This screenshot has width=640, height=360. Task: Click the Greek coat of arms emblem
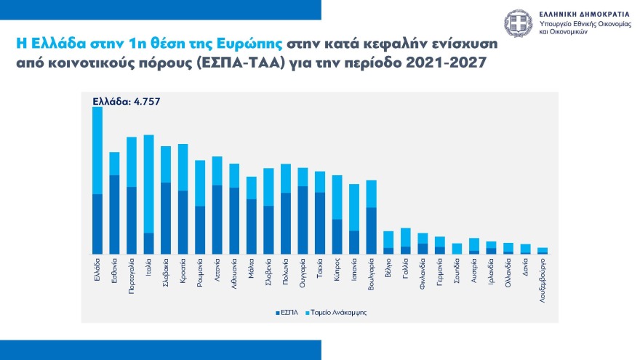(x=520, y=24)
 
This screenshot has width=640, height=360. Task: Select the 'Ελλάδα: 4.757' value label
(x=126, y=101)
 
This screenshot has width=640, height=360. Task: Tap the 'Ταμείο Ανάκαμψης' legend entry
(x=338, y=312)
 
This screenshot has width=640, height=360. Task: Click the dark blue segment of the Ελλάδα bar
(x=97, y=224)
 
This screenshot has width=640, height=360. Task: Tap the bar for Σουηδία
(x=457, y=249)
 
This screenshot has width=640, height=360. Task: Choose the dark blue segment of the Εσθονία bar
(x=114, y=215)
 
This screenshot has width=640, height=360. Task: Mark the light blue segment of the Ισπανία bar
(x=354, y=207)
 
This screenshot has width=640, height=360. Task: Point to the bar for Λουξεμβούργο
(x=543, y=251)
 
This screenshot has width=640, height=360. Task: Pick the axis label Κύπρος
(x=337, y=271)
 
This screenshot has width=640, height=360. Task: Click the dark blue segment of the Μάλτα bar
(x=252, y=226)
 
